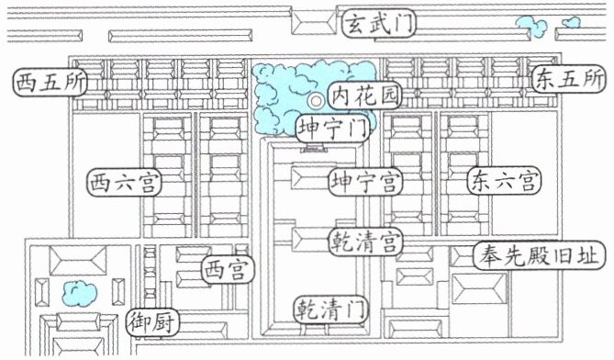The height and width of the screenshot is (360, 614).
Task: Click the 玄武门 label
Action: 379,24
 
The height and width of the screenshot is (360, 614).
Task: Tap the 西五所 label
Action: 50,83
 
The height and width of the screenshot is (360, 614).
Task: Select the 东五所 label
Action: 569,79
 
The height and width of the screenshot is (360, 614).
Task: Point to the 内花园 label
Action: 365,96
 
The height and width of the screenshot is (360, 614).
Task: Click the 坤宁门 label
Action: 333,128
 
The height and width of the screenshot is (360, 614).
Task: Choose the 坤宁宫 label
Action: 365,182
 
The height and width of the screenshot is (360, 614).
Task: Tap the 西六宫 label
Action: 125,183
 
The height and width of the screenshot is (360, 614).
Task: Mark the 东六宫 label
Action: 505,181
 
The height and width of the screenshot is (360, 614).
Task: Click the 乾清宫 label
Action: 365,242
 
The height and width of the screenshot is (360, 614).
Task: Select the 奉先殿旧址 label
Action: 540,255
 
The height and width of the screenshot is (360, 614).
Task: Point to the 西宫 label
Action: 229,270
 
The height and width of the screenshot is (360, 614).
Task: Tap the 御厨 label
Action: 153,322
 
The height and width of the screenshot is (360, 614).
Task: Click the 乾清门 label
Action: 331,309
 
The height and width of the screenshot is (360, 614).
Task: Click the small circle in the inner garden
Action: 316,101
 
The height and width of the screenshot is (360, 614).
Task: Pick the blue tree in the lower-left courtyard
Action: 80,293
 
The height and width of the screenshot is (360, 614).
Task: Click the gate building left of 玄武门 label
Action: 314,23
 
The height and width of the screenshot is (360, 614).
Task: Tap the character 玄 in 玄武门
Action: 356,24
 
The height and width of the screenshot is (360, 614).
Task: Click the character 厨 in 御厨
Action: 165,322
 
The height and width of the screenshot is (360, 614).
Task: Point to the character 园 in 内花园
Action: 388,96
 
